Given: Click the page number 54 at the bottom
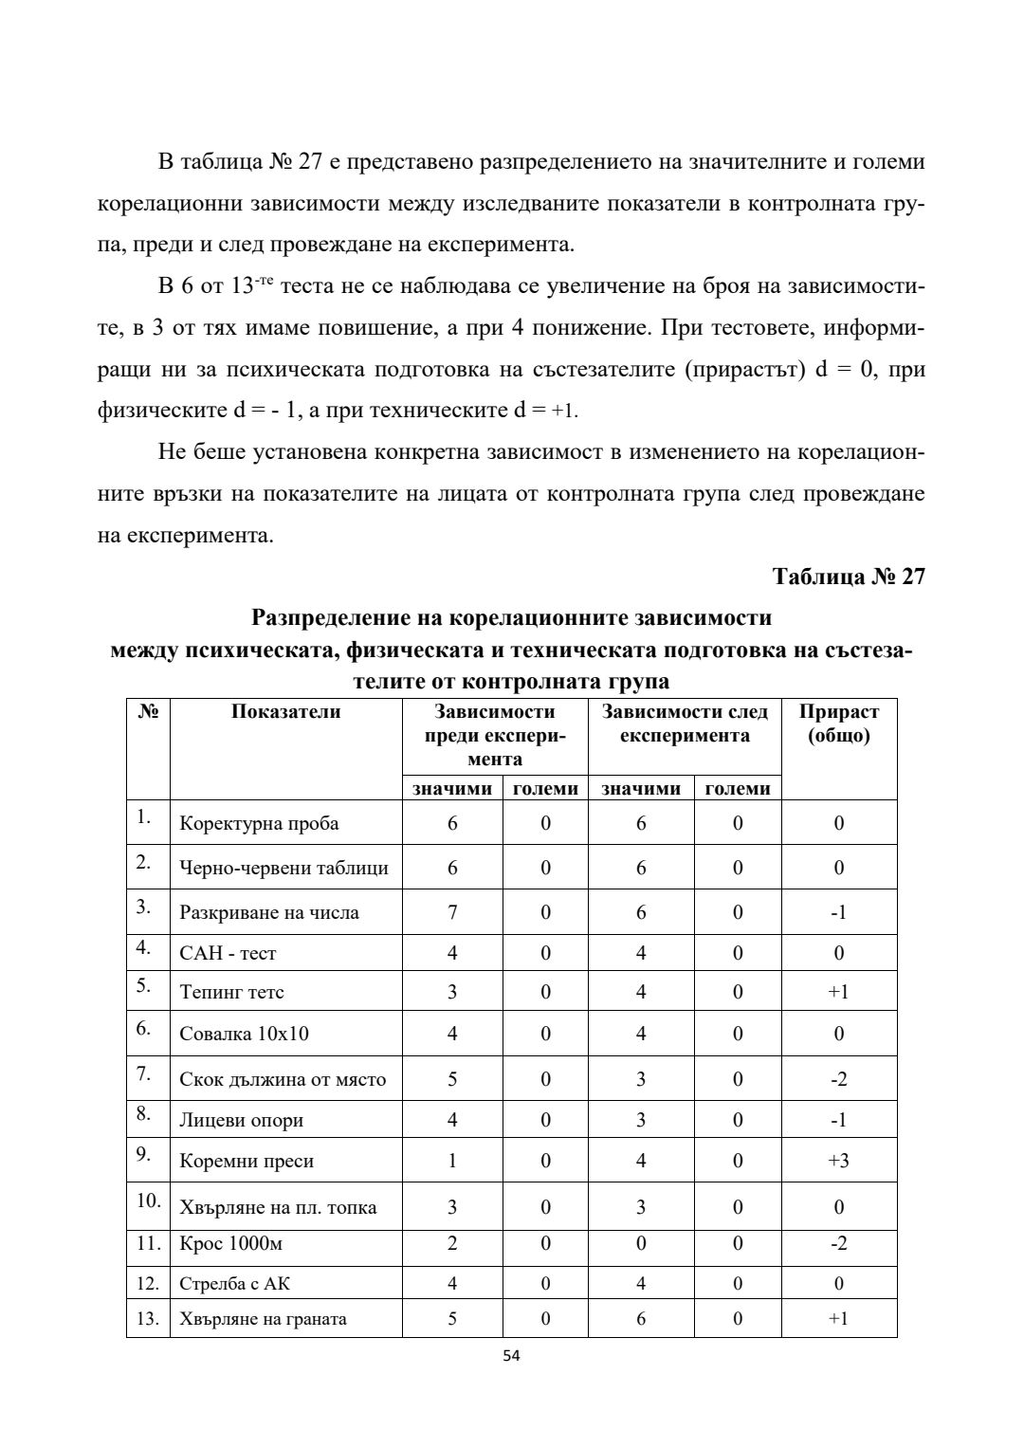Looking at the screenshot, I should click(x=511, y=1356).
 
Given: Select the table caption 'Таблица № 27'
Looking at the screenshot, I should click(x=849, y=577).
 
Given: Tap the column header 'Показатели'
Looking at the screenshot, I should click(x=285, y=712).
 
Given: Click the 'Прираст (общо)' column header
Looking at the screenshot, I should click(x=838, y=724).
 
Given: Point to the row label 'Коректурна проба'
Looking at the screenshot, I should click(x=259, y=823).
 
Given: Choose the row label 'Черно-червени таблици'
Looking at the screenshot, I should click(x=283, y=868).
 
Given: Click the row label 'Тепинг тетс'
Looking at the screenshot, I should click(x=231, y=992).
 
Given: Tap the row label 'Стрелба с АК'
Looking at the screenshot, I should click(x=235, y=1284).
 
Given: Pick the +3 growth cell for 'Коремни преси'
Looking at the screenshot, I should click(x=838, y=1161).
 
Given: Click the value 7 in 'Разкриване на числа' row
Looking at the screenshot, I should click(x=452, y=912).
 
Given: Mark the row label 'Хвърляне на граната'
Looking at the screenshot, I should click(x=263, y=1319).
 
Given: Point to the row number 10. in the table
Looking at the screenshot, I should click(x=148, y=1201).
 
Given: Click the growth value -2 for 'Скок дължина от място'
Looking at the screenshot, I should click(x=838, y=1079).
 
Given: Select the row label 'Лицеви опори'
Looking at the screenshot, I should click(x=241, y=1120).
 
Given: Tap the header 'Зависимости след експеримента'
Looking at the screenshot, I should click(x=685, y=724).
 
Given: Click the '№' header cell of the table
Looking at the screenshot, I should click(x=148, y=712).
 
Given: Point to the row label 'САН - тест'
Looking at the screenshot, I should click(x=228, y=953).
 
